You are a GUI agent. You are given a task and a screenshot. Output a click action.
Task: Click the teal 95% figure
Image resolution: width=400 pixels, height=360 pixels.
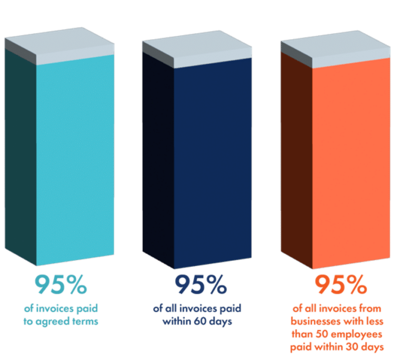(x=60, y=284)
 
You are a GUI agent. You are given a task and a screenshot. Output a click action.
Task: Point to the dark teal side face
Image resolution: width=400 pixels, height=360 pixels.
(x=20, y=156)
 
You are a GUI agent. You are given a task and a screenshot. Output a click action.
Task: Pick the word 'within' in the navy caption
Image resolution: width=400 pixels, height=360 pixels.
(x=179, y=321)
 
